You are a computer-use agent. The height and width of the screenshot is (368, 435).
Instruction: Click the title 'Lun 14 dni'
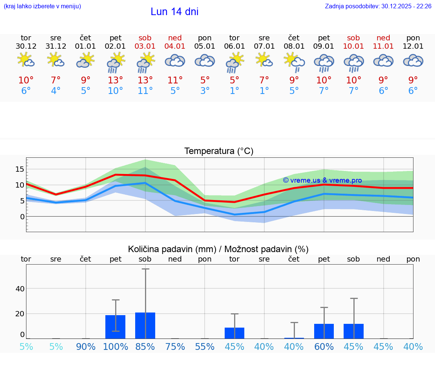coord(174,12)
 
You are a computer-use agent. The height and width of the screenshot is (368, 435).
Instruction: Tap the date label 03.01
coord(145,46)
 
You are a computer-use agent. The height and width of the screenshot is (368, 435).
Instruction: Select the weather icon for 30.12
coord(26,60)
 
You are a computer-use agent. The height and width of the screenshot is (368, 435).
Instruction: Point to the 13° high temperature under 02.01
coord(115,80)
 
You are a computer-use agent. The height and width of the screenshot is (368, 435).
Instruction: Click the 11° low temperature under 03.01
coord(145,91)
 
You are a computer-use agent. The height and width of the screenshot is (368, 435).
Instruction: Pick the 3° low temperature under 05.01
coord(205,91)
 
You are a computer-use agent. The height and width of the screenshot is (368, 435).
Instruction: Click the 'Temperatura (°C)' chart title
coord(219,151)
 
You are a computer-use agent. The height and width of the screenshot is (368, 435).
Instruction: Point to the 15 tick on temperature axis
coord(20,169)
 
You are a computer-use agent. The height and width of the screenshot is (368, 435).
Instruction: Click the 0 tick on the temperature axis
coord(22,217)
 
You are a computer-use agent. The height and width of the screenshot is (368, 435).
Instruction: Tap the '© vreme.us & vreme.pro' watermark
coord(322,180)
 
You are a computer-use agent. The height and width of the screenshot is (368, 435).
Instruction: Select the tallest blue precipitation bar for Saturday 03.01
coord(145,325)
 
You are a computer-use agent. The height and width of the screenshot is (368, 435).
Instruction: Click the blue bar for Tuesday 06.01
coord(234,333)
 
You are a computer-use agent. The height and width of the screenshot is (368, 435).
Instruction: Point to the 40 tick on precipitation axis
coord(20,289)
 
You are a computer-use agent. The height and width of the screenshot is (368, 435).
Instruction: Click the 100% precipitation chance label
coord(115,346)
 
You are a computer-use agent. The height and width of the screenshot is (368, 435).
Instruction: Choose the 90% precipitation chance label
coord(86,346)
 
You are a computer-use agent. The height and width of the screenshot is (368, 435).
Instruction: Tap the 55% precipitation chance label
coord(205,346)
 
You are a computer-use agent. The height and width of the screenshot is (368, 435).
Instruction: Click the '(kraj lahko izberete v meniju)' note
coord(42,6)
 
